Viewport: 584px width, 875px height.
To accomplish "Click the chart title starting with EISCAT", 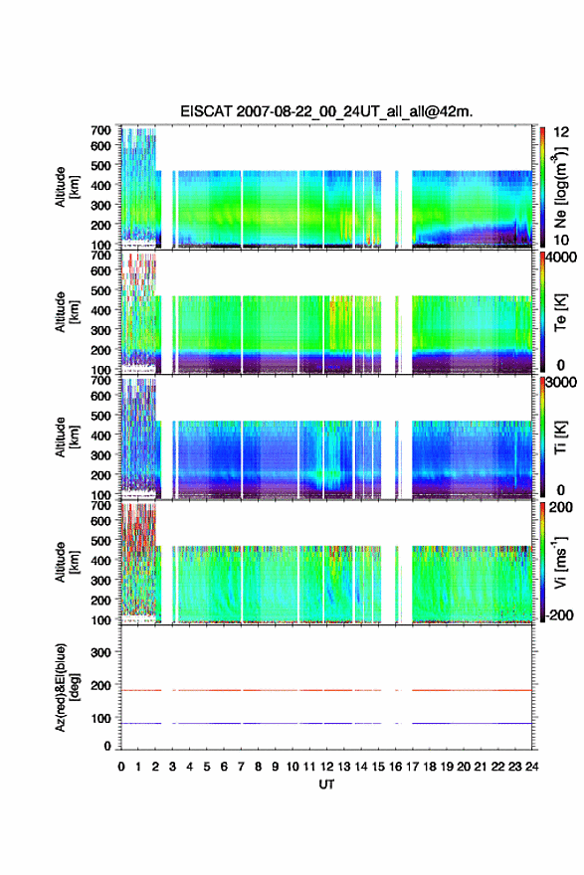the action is [x=326, y=111].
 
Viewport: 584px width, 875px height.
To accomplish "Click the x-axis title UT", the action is [x=326, y=785].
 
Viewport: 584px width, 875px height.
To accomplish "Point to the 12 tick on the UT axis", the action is [x=326, y=767].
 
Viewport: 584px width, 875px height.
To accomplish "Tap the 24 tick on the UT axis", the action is [x=531, y=767].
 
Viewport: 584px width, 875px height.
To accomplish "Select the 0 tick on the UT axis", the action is [x=121, y=767].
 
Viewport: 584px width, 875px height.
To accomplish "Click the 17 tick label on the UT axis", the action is [x=412, y=767].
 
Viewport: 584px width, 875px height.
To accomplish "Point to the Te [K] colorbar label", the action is [x=560, y=312].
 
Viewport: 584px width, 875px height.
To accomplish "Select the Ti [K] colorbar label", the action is [x=560, y=437].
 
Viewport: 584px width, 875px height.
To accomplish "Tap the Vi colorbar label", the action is [x=560, y=563].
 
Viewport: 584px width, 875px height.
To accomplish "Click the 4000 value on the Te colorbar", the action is [x=561, y=258].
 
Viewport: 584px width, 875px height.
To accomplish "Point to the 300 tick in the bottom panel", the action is [x=100, y=652].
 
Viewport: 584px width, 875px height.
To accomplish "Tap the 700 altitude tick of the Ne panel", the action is [x=100, y=130].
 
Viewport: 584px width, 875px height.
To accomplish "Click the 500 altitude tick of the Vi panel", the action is [x=100, y=541].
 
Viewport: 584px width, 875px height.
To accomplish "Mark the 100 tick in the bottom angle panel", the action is [x=100, y=719].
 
